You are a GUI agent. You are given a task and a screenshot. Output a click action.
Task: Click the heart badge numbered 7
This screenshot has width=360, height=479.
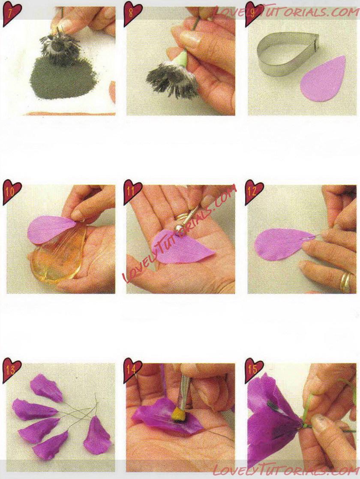point(12,14)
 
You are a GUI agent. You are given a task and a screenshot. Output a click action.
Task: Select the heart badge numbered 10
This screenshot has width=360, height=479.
point(12,193)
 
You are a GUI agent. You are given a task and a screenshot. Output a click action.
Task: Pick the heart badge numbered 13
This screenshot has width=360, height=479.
point(12,371)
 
